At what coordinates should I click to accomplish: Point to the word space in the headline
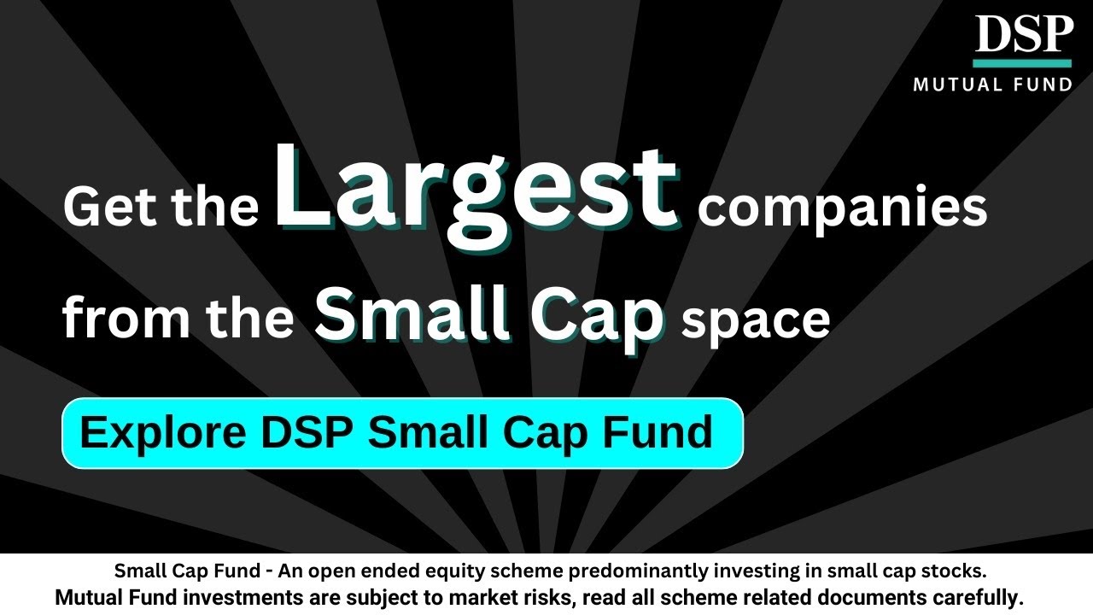(757, 319)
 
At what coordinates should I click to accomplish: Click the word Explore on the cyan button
(162, 433)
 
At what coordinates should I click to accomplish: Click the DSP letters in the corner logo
(1023, 35)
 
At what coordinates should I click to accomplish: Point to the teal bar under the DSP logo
(1021, 63)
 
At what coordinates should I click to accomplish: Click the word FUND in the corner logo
(1044, 84)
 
